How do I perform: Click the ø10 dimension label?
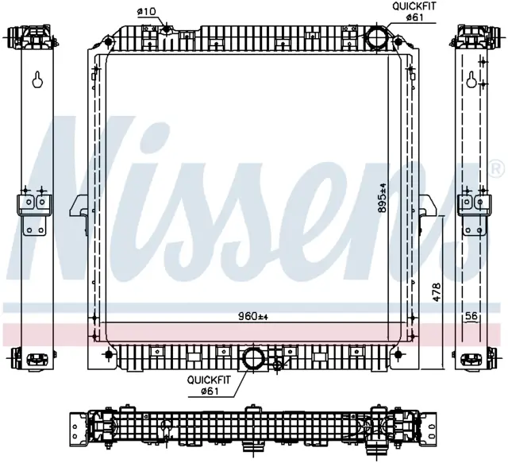pyautogui.click(x=147, y=12)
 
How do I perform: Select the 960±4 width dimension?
pyautogui.click(x=253, y=316)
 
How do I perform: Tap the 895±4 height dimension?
pyautogui.click(x=383, y=198)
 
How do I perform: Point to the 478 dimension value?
pyautogui.click(x=437, y=292)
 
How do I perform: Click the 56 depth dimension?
pyautogui.click(x=471, y=315)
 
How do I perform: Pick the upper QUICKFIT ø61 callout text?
pyautogui.click(x=414, y=11)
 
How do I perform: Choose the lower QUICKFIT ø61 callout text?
pyautogui.click(x=209, y=385)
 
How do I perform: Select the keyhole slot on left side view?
pyautogui.click(x=37, y=79)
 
